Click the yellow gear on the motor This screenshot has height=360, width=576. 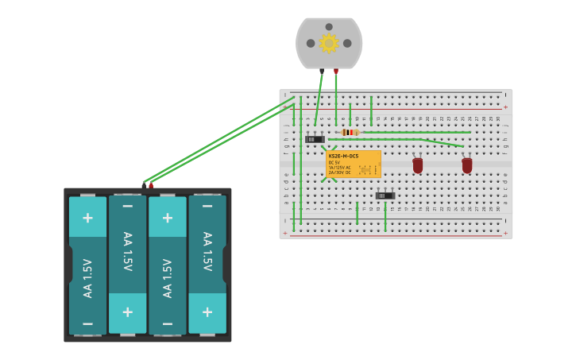click(x=329, y=43)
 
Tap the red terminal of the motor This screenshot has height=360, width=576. click(x=336, y=71)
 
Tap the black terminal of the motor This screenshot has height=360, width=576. click(x=322, y=71)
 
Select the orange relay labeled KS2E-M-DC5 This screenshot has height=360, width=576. click(x=354, y=164)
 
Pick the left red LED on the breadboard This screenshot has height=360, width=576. click(x=418, y=165)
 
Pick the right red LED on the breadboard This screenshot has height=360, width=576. click(x=467, y=165)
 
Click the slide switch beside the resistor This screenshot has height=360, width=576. click(x=315, y=139)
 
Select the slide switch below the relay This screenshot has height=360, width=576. click(x=385, y=195)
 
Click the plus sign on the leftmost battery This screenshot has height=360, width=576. click(x=87, y=217)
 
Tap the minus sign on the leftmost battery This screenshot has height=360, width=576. click(x=87, y=323)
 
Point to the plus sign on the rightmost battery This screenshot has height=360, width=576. click(x=207, y=312)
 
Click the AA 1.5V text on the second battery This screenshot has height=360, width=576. click(x=127, y=252)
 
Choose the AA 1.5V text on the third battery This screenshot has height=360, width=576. click(x=168, y=278)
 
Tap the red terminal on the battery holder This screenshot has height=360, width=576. click(x=151, y=185)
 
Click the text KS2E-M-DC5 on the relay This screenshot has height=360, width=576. click(x=344, y=156)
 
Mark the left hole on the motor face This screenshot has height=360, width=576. click(x=311, y=43)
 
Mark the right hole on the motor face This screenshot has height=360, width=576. click(x=347, y=43)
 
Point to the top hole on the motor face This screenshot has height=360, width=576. click(x=329, y=26)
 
